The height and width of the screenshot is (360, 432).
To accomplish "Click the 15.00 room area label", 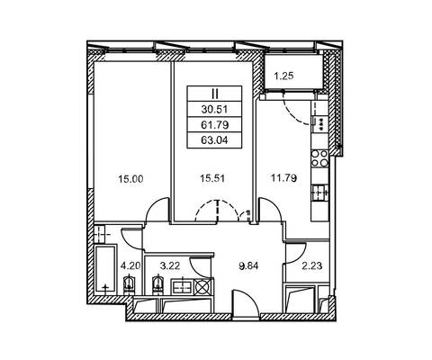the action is tap(130, 179).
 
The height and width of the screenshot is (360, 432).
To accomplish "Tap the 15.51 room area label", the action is tap(212, 179).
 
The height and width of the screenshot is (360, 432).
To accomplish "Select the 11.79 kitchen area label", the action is tap(283, 178).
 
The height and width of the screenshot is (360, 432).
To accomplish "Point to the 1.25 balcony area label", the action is tap(283, 76).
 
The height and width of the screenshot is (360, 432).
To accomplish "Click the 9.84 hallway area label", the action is tap(248, 265).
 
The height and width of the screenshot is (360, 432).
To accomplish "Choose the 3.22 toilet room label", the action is tap(170, 265).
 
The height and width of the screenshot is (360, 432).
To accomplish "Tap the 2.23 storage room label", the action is tap(312, 265).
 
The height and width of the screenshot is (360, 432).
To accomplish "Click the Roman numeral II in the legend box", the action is tap(215, 94).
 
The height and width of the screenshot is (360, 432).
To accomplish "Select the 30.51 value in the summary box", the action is tap(214, 110).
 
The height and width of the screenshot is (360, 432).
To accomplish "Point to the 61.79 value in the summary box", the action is tap(214, 125).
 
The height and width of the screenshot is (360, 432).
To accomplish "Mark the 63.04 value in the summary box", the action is tap(214, 140).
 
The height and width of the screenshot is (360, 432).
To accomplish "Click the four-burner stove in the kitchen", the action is tap(319, 158).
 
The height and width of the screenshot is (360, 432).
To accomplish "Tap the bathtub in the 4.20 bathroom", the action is tap(105, 269).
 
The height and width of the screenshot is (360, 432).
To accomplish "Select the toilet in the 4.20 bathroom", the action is tap(129, 283).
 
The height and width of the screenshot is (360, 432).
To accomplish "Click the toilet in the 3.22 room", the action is tap(157, 284).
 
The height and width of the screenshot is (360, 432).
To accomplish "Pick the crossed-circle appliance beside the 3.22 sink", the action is tap(202, 286).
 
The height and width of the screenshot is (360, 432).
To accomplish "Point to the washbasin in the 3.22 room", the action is tap(182, 286).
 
